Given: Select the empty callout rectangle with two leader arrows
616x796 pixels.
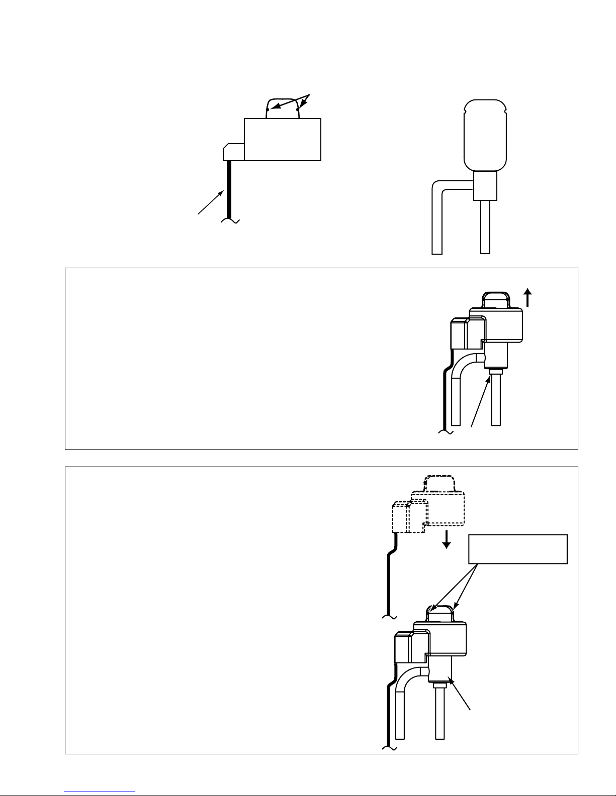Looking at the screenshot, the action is point(518,549).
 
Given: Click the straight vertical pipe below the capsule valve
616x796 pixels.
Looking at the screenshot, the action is point(485,226).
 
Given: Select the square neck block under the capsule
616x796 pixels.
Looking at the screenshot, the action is point(485,185).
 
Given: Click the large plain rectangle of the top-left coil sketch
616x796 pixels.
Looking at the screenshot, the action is point(282,139).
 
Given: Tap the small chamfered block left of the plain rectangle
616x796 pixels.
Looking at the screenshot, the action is point(233,152).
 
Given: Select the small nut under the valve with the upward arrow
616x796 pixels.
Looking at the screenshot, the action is point(495,372).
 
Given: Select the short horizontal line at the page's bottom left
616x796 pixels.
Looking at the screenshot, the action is point(100,791).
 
